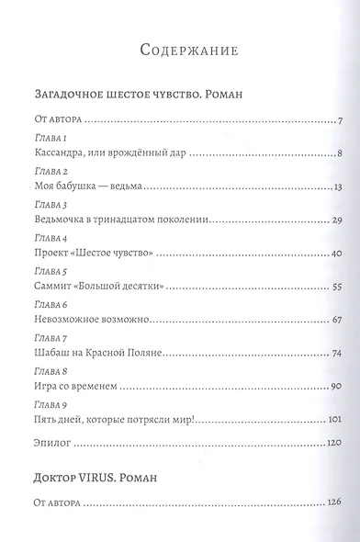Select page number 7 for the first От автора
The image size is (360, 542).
click(339, 122)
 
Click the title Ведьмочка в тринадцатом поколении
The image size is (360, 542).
click(120, 220)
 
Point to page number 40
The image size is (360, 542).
click(336, 254)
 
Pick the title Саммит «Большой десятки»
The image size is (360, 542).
click(97, 287)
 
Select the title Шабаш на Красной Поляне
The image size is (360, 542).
click(96, 353)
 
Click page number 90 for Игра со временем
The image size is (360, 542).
click(336, 386)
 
